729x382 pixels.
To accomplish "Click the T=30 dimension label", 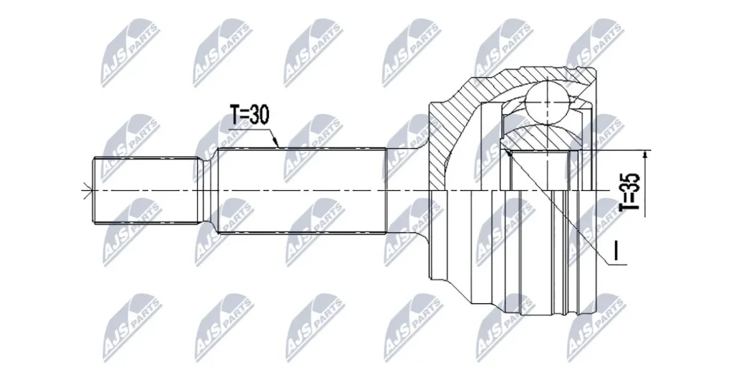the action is click(x=250, y=115).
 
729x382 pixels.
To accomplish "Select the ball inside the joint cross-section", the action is click(x=548, y=102).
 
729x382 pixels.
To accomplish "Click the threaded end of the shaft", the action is click(x=145, y=190).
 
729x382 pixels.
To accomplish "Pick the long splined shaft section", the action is click(x=301, y=190).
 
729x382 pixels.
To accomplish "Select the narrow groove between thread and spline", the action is click(x=208, y=190).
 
